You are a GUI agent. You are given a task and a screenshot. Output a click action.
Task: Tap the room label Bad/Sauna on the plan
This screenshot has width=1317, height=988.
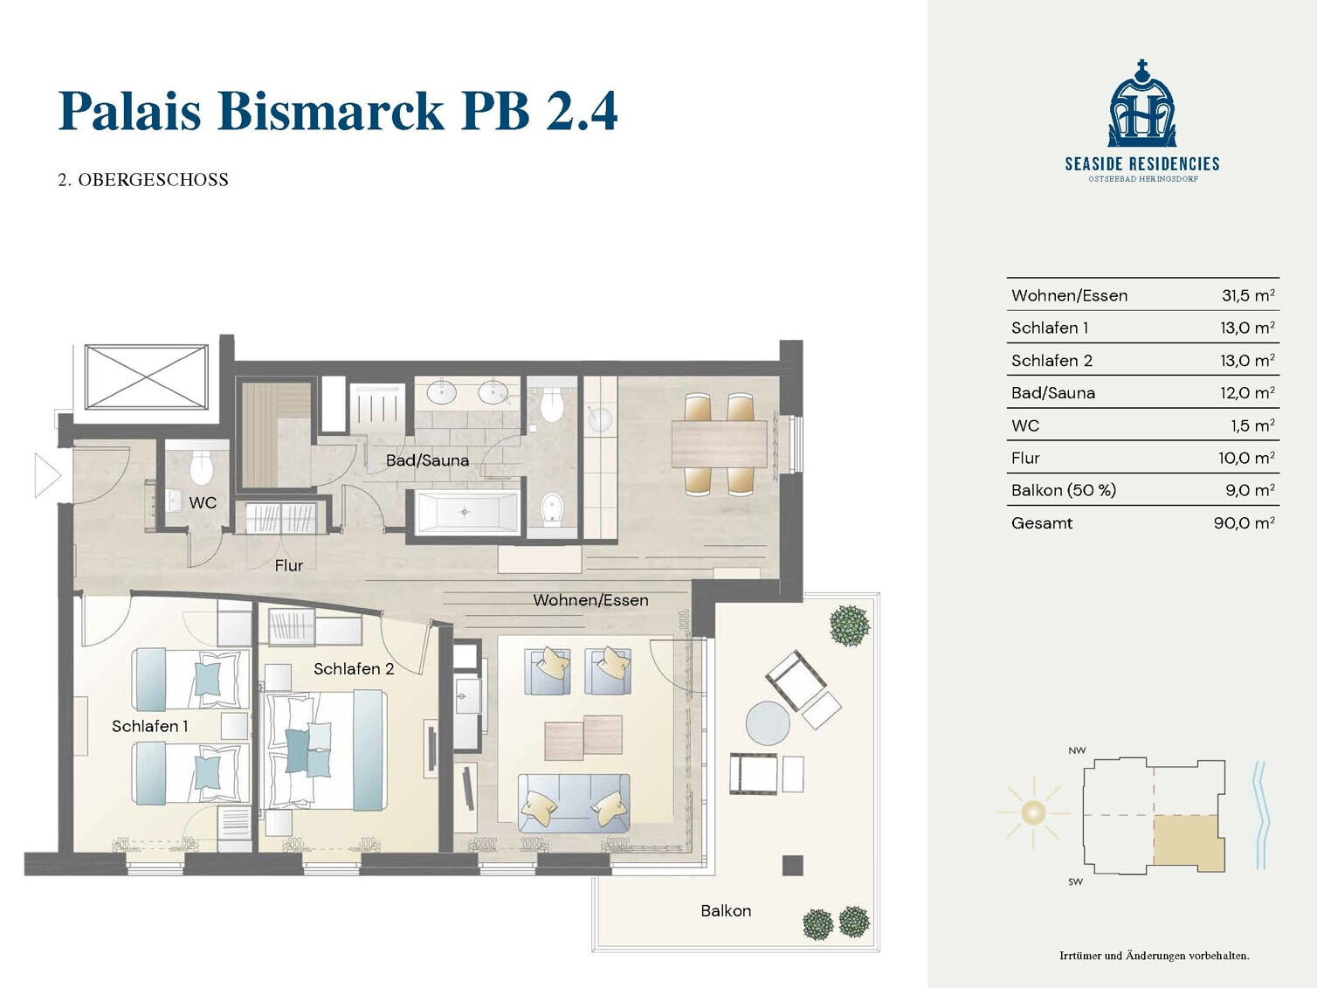pos(427,460)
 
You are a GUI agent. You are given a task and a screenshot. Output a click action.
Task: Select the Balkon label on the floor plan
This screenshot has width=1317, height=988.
pos(726,910)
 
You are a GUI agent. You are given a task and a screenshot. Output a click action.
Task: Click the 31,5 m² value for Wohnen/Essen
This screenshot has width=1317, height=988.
pos(1248,295)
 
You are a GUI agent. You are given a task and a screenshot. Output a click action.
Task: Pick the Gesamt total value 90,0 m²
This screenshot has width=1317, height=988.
pos(1244,522)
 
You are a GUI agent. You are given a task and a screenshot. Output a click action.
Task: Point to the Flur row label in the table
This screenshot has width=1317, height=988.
pos(1024,458)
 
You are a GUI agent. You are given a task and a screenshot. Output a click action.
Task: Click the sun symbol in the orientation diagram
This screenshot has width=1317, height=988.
pos(1032,812)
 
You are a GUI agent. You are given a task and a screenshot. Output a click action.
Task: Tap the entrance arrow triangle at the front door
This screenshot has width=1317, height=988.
pos(47,476)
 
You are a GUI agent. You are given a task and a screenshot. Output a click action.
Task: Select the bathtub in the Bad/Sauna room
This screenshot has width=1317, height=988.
pos(466,512)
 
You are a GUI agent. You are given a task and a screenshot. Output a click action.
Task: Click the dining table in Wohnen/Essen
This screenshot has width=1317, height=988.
pos(719,444)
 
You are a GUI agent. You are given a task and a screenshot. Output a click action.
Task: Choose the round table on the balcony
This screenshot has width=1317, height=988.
pos(768,723)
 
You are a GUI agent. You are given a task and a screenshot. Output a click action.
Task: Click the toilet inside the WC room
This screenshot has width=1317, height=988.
pos(201,467)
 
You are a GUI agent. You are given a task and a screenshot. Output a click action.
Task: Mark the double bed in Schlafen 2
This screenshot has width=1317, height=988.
pos(325,750)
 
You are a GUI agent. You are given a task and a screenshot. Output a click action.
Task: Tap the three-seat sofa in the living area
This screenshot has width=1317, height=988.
pos(574,804)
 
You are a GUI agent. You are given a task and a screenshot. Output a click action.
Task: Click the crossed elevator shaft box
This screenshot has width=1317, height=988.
pos(147,377)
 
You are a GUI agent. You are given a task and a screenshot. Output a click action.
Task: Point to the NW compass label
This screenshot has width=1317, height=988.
pos(1077,750)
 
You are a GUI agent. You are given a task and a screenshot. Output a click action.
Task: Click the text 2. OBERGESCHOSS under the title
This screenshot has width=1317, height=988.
pos(143,180)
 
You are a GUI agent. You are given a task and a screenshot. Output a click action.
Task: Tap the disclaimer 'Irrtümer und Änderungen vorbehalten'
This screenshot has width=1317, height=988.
pos(1154,956)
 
